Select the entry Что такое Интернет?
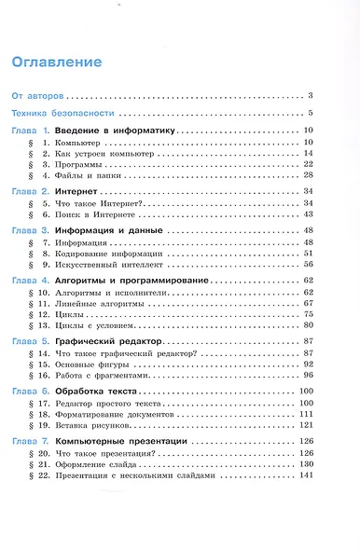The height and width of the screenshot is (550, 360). click(x=98, y=203)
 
